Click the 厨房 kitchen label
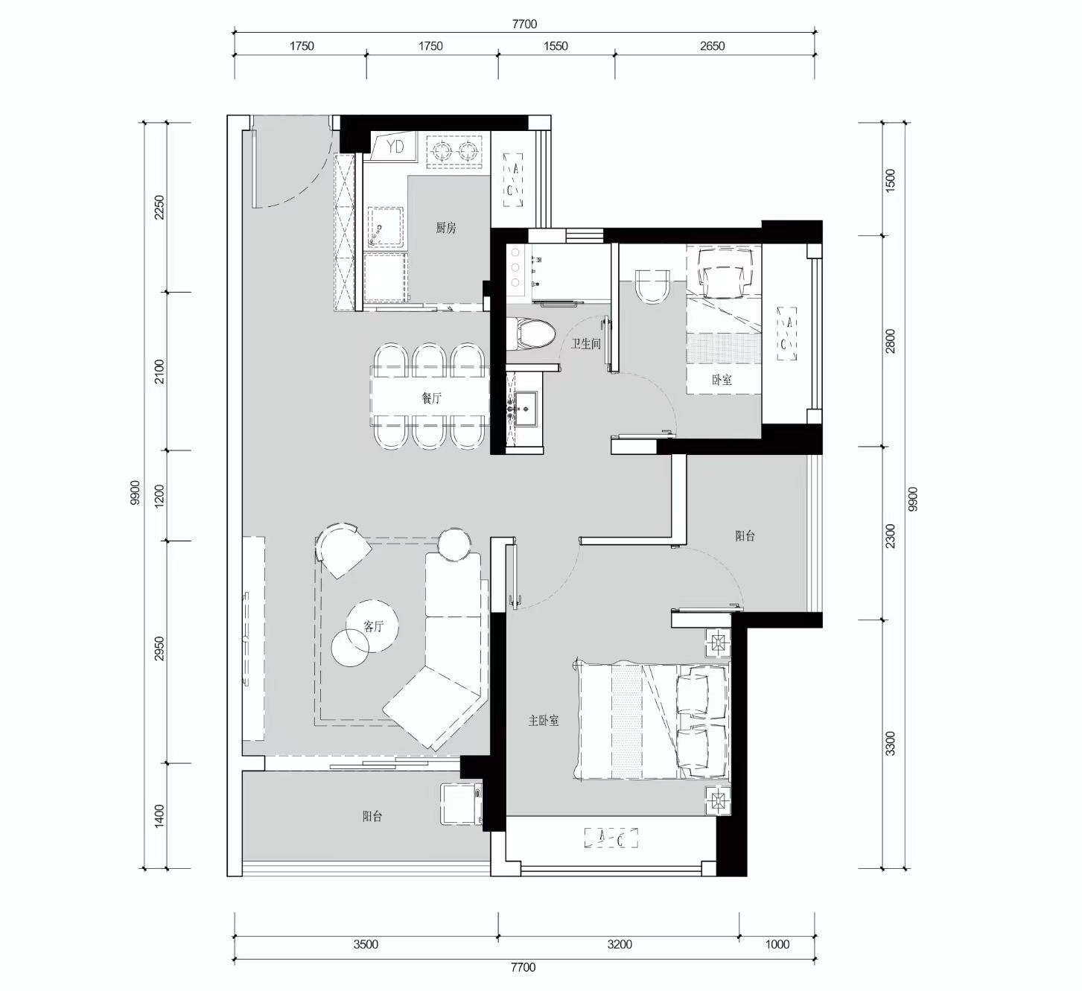click(x=446, y=228)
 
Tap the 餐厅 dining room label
click(x=431, y=398)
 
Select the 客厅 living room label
click(x=373, y=626)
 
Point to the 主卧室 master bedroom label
click(x=544, y=721)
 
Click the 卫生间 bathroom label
click(x=586, y=344)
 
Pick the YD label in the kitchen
click(x=395, y=146)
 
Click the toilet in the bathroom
click(x=531, y=334)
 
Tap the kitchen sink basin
click(x=386, y=226)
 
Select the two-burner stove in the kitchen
click(x=454, y=152)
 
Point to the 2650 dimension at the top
click(x=712, y=46)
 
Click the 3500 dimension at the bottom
click(x=366, y=944)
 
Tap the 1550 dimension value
click(x=556, y=46)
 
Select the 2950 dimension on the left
click(x=159, y=649)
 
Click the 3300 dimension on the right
click(x=891, y=743)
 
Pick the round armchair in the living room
click(x=342, y=549)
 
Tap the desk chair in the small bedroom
click(x=725, y=271)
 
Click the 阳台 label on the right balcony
click(x=745, y=535)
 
